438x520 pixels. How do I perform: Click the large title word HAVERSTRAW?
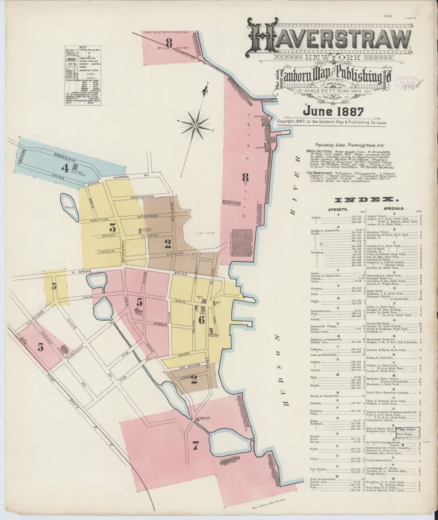(x=329, y=41)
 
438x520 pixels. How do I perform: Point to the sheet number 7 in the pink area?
(x=195, y=445)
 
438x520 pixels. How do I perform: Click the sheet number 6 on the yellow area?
(x=201, y=320)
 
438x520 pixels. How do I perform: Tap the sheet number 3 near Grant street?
(x=113, y=227)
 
